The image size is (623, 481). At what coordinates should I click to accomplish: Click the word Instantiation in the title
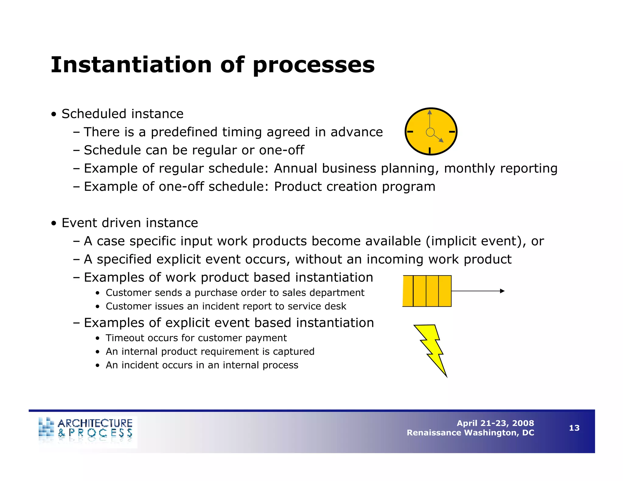[131, 65]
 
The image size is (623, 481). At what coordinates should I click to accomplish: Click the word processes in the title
[314, 65]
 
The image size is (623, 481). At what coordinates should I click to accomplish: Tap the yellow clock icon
[431, 131]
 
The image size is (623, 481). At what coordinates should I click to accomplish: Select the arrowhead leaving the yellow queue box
[502, 291]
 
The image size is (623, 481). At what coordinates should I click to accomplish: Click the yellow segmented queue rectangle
[427, 291]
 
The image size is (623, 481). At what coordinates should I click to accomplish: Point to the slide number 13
[574, 428]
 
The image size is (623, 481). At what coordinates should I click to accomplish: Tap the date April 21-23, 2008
[495, 423]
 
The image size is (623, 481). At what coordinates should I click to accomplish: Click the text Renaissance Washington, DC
[470, 433]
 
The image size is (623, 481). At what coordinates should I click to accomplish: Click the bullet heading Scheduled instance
[122, 114]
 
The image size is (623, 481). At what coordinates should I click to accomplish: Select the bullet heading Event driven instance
[130, 223]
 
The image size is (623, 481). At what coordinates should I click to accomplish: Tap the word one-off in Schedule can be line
[283, 150]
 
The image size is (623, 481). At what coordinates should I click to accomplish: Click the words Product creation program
[354, 187]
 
